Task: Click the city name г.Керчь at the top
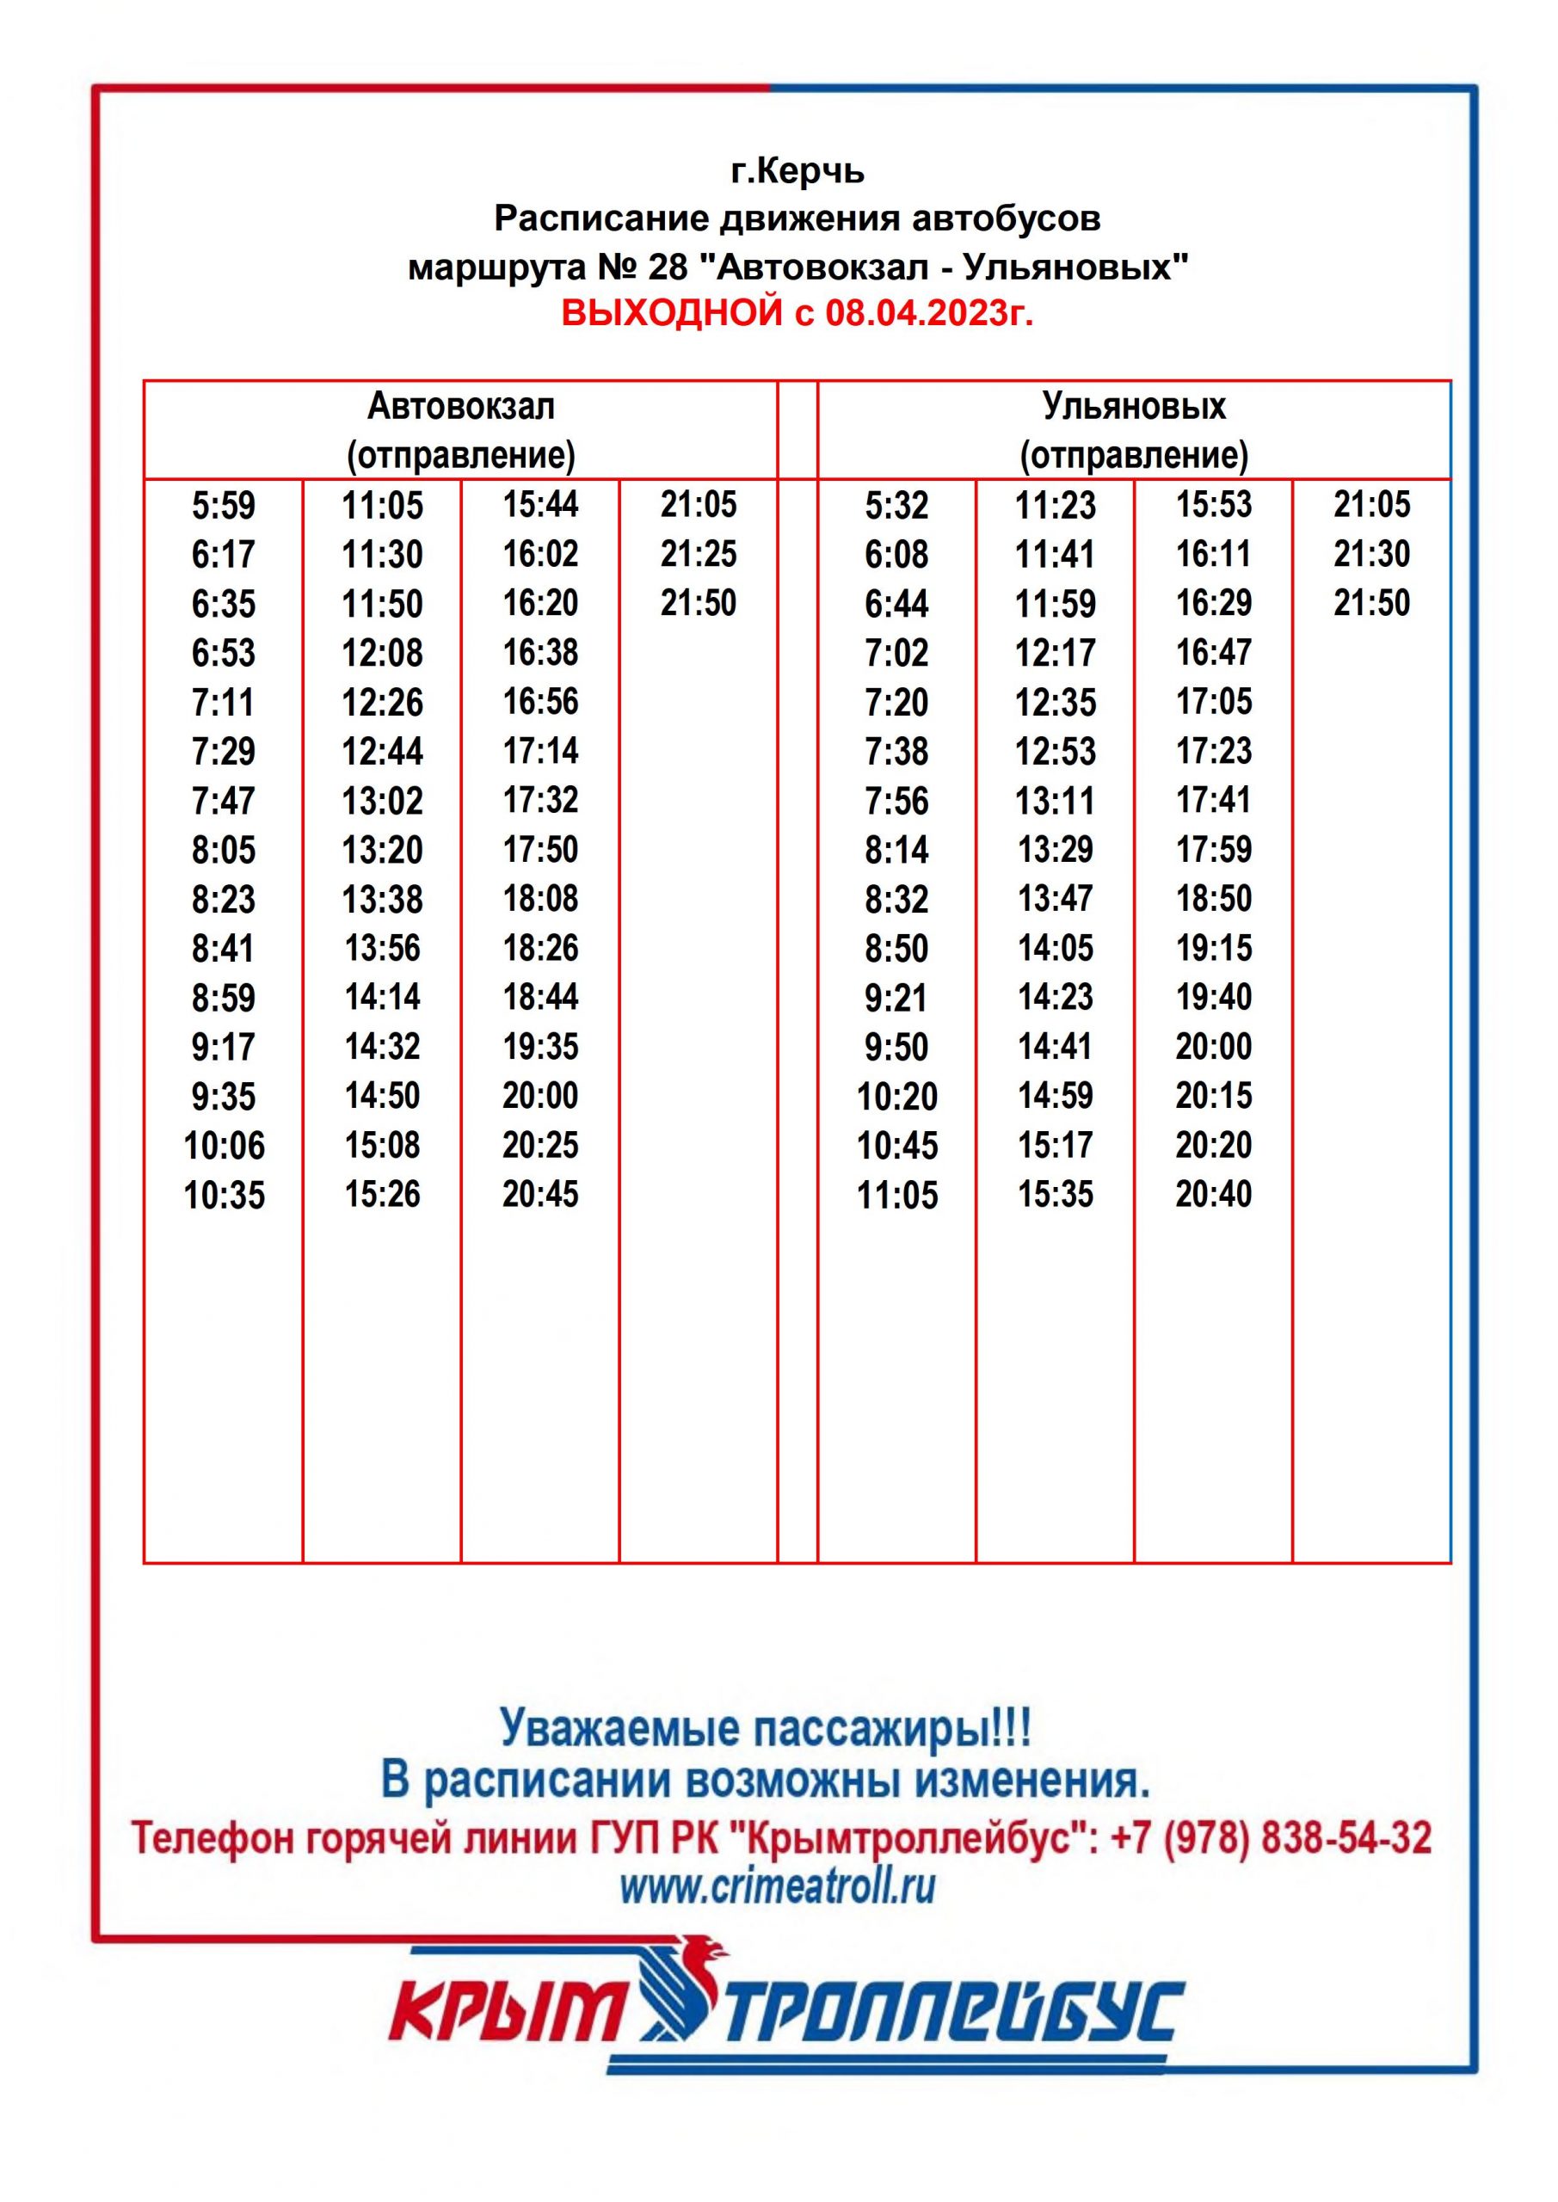(x=797, y=170)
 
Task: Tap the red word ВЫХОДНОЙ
(x=672, y=314)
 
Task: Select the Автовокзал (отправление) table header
(x=460, y=430)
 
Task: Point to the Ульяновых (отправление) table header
(x=1134, y=430)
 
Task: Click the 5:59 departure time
(x=224, y=506)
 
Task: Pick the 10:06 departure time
(x=224, y=1145)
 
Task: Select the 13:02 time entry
(x=382, y=801)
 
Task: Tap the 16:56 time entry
(x=540, y=701)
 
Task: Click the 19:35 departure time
(x=540, y=1046)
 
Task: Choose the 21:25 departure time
(x=699, y=553)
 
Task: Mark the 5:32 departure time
(x=896, y=506)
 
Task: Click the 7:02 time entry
(x=896, y=653)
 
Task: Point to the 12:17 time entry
(x=1056, y=653)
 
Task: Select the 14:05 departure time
(x=1056, y=949)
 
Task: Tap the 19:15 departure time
(x=1214, y=949)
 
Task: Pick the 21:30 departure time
(x=1372, y=553)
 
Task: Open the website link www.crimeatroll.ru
(x=777, y=1886)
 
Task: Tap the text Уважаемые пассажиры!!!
(x=766, y=1729)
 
